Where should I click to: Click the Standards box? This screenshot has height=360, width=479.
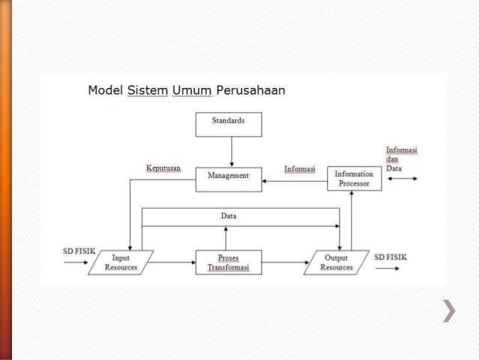(228, 124)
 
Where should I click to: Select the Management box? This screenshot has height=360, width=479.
(228, 179)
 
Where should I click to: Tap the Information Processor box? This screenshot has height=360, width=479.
(354, 179)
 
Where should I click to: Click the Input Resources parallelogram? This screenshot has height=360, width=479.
(121, 262)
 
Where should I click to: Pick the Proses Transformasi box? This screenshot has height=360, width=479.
(228, 262)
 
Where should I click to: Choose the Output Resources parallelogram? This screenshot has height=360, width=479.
(336, 262)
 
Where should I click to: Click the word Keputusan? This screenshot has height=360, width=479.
(164, 168)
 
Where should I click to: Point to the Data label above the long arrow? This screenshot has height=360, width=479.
(229, 216)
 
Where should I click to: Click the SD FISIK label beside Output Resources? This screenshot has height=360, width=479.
(390, 256)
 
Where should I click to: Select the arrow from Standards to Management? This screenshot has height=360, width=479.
(231, 151)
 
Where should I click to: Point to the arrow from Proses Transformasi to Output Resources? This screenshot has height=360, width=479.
(284, 262)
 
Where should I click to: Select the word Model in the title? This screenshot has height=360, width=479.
(105, 92)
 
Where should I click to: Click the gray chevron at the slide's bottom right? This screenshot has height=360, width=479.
(450, 310)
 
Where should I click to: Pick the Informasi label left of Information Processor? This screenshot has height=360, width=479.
(300, 168)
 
